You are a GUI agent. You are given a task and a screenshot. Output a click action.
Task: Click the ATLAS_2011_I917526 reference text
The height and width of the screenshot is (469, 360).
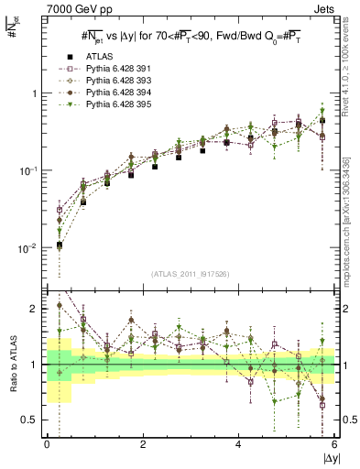pos(191,275)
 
